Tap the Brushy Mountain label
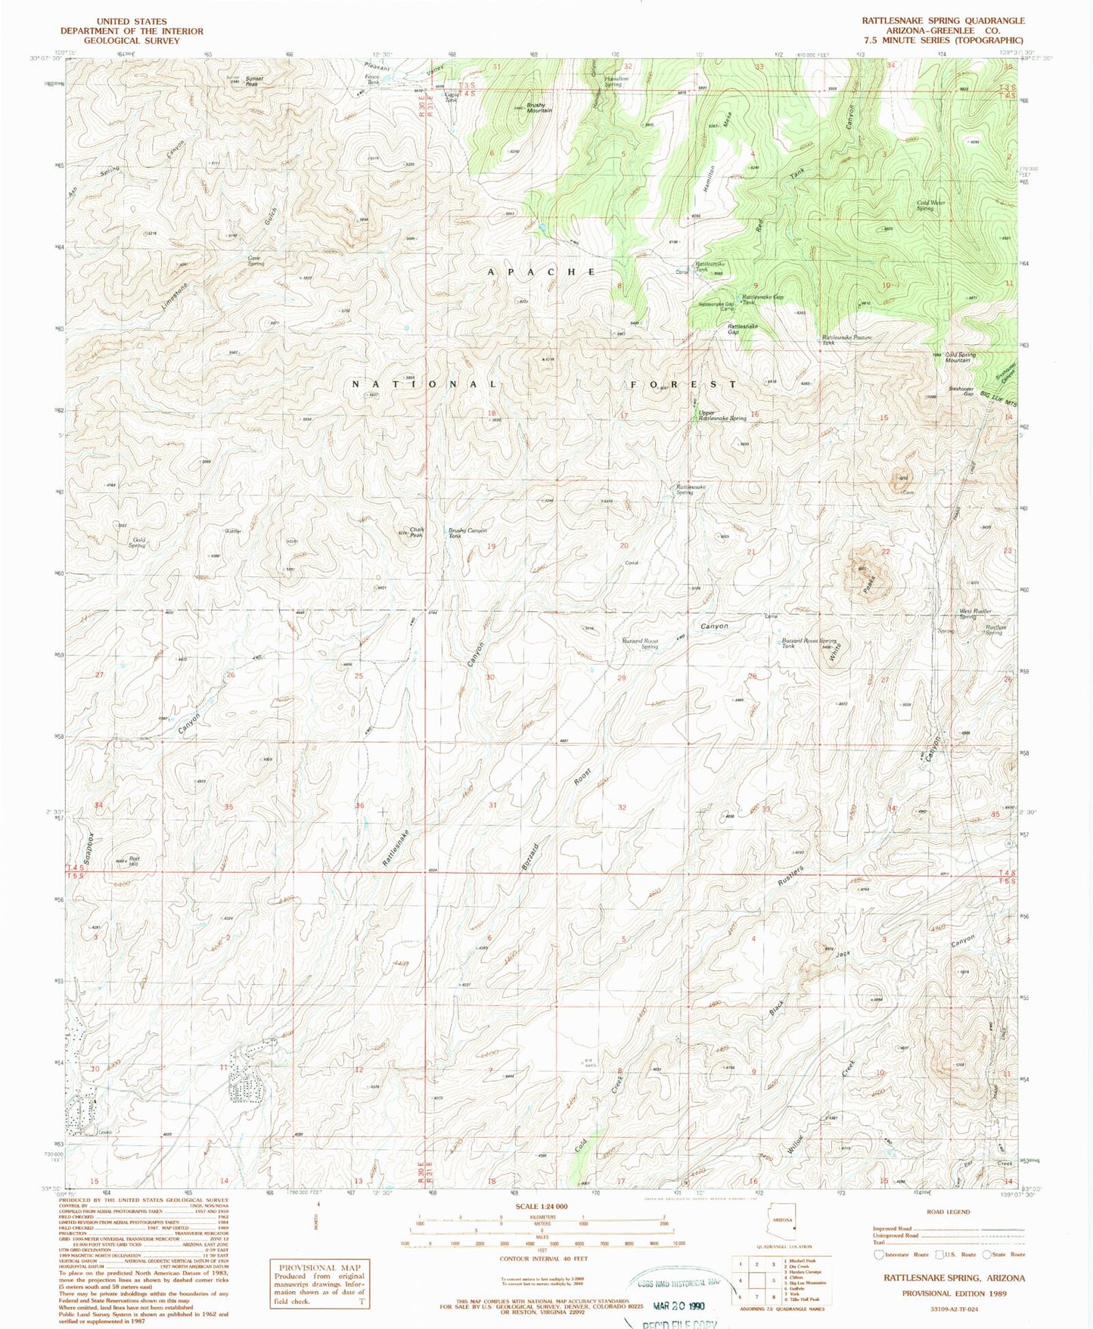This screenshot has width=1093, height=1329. pos(539,107)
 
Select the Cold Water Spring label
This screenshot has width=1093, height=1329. pos(931,205)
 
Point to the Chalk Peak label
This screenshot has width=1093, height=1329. pos(417,532)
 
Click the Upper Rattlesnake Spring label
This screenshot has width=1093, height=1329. pos(722,415)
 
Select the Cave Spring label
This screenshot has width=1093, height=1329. pos(256,260)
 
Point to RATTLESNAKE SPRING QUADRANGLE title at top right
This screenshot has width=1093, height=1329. pos(943,21)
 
